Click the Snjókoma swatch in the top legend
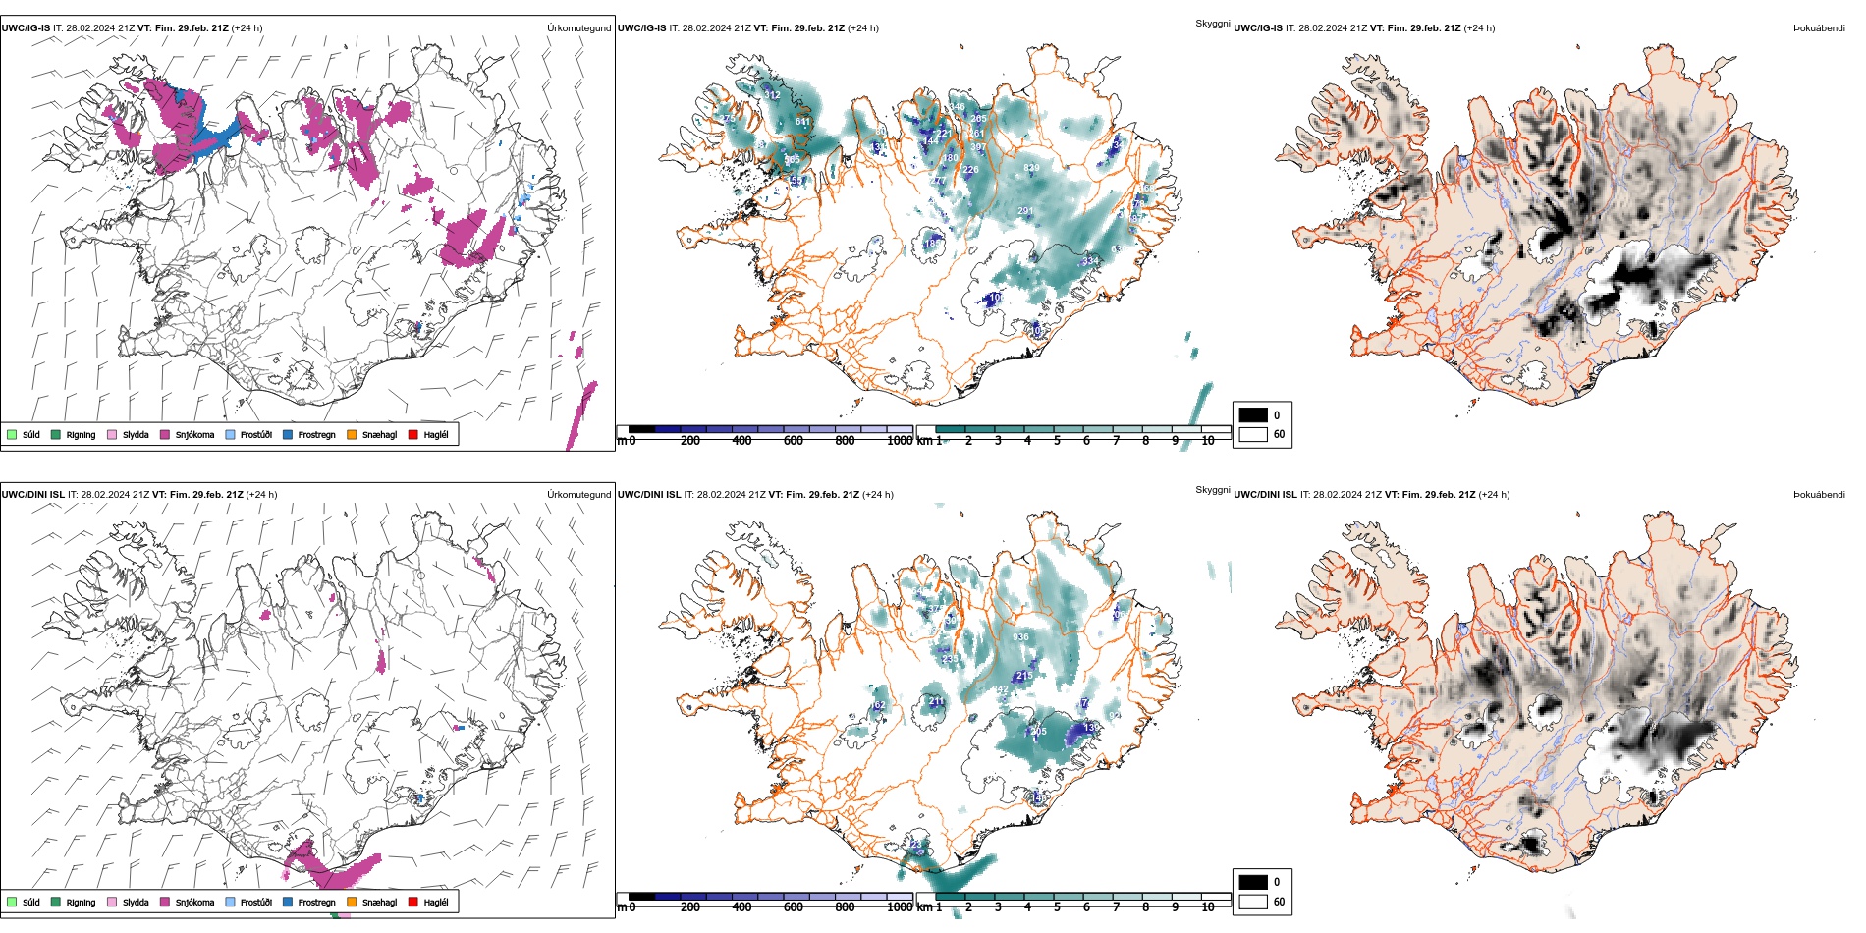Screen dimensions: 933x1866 click(x=165, y=434)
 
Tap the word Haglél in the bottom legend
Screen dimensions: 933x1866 click(x=436, y=902)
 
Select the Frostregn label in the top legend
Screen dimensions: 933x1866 click(x=316, y=434)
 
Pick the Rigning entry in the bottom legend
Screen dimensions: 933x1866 click(x=81, y=902)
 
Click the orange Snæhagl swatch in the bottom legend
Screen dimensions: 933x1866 click(x=352, y=902)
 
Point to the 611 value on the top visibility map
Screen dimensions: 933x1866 click(x=803, y=122)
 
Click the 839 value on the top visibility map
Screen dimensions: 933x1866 click(x=1031, y=168)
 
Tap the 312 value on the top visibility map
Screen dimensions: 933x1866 click(x=773, y=95)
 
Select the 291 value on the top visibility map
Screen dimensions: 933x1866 click(x=1025, y=211)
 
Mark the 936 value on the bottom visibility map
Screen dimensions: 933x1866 click(x=1021, y=637)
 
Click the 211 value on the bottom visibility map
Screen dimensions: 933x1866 click(x=936, y=701)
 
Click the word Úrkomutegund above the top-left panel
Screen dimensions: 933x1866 click(x=578, y=28)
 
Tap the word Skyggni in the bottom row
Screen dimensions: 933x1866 click(x=1212, y=489)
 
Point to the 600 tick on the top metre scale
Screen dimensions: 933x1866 click(x=794, y=441)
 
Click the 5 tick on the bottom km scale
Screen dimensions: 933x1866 click(x=1057, y=907)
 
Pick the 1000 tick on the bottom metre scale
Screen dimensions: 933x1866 click(x=900, y=907)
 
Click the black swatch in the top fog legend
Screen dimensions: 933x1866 click(x=1253, y=414)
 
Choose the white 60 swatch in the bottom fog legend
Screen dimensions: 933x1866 click(x=1253, y=902)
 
